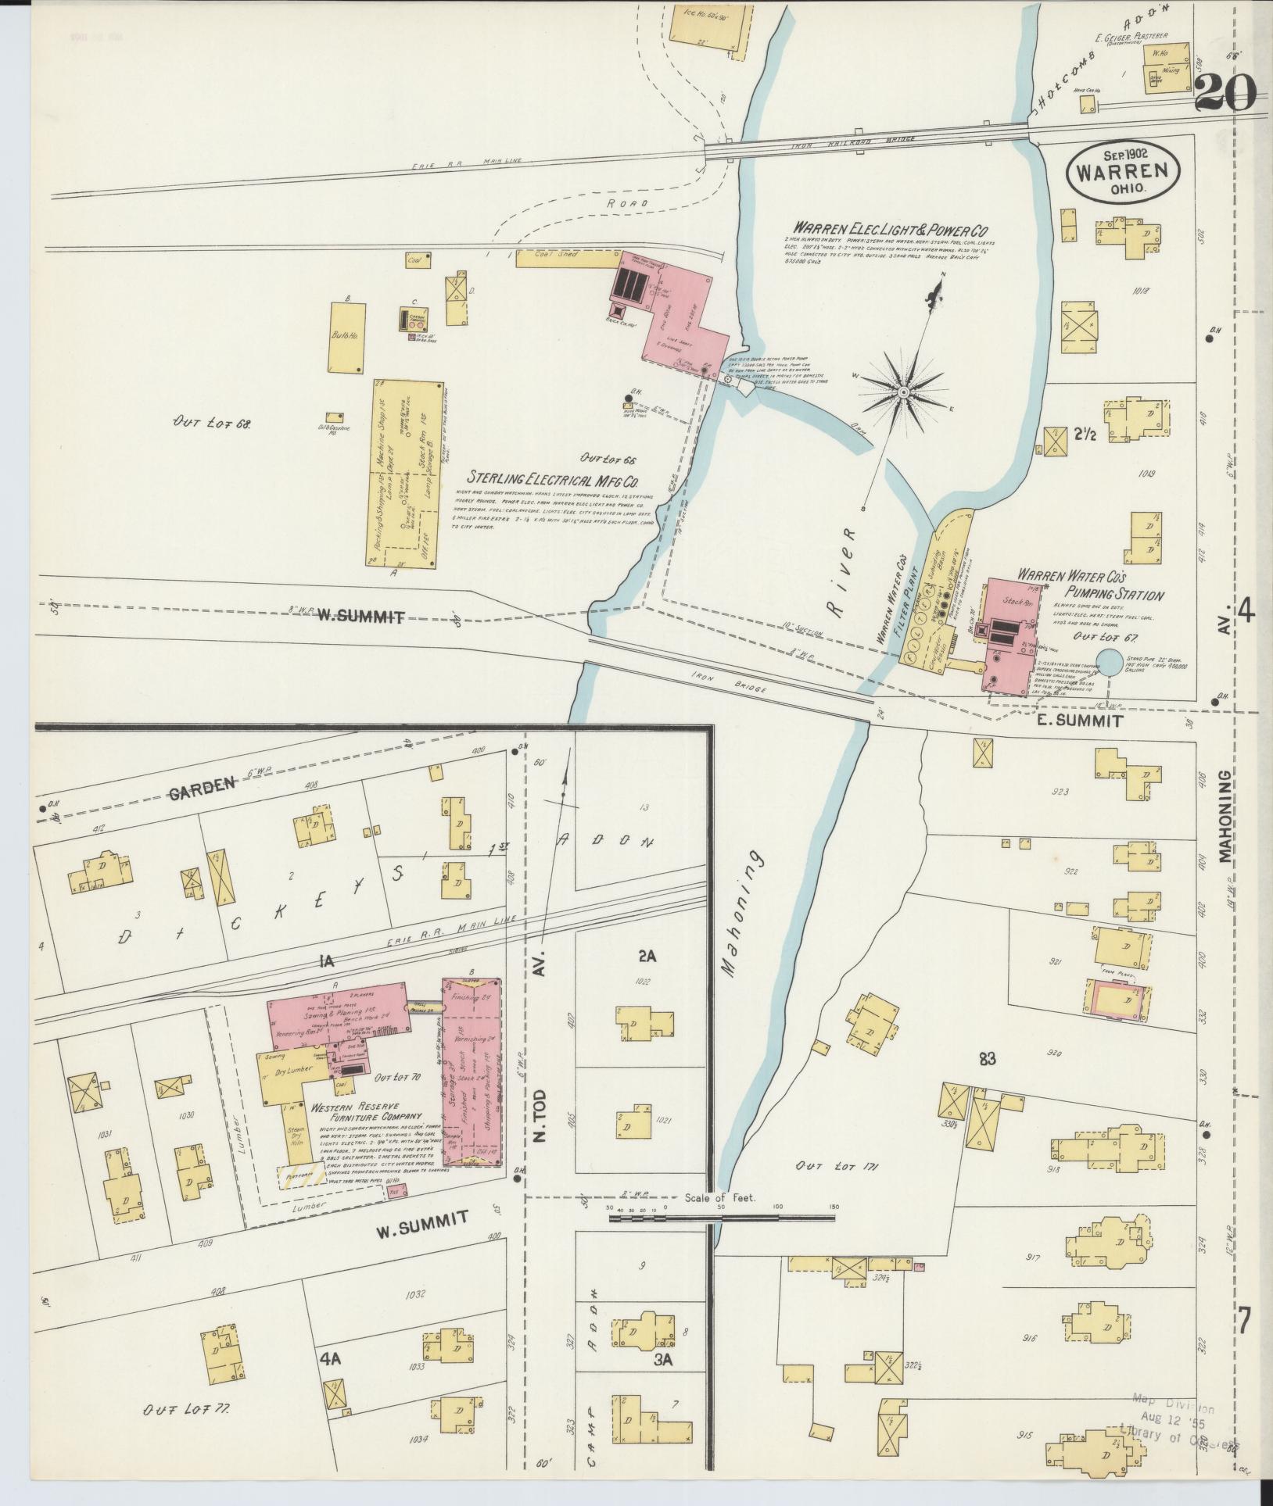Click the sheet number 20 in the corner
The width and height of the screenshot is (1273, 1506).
coord(1225,95)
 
